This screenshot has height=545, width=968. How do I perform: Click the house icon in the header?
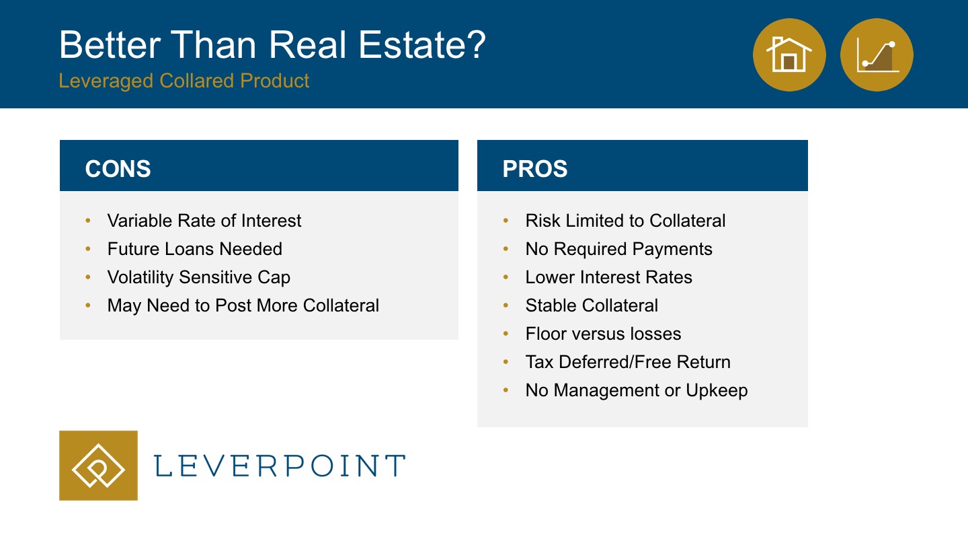click(x=789, y=54)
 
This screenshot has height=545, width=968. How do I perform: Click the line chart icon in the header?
click(x=877, y=54)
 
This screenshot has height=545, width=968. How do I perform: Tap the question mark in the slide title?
click(x=475, y=44)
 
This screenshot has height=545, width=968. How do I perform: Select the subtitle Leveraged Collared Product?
click(x=184, y=81)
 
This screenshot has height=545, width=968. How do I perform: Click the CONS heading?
click(x=118, y=168)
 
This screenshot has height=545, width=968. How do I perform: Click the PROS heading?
click(x=535, y=168)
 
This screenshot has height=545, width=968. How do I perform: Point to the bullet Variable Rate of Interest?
click(x=204, y=221)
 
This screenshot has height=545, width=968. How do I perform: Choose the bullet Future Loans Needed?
click(x=194, y=249)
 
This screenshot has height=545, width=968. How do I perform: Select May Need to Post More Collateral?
click(x=243, y=305)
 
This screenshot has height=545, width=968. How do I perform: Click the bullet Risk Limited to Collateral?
click(x=625, y=221)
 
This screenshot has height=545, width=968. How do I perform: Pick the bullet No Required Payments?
click(x=619, y=250)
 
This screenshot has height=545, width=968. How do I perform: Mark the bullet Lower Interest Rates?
click(x=609, y=277)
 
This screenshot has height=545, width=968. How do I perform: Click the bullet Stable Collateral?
click(x=592, y=305)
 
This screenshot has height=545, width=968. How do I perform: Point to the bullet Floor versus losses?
click(x=603, y=334)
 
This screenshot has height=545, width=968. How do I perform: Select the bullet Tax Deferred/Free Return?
click(x=628, y=362)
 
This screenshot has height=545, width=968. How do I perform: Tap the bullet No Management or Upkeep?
click(x=637, y=390)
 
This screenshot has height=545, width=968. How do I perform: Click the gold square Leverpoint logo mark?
click(x=99, y=466)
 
